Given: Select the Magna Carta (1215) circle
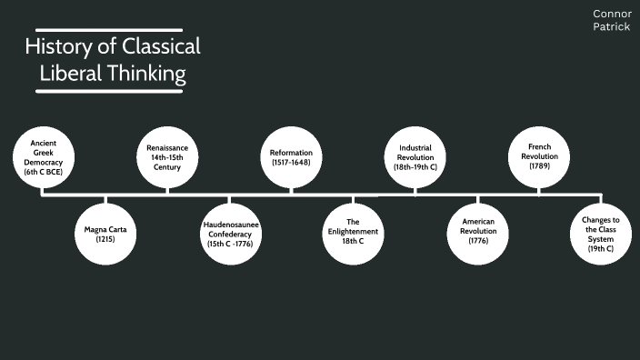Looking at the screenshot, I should pyautogui.click(x=105, y=235).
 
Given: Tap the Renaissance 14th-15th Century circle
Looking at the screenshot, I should pyautogui.click(x=168, y=156).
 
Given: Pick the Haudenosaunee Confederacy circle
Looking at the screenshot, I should pyautogui.click(x=230, y=235).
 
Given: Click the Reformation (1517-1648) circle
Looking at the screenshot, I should pyautogui.click(x=292, y=156).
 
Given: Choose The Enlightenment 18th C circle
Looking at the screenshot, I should pyautogui.click(x=354, y=235).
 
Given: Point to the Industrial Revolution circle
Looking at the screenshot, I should pyautogui.click(x=415, y=156).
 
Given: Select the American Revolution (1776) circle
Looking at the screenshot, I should pyautogui.click(x=477, y=235).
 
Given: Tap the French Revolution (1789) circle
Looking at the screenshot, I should pyautogui.click(x=538, y=156).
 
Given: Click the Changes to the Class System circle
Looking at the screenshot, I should pyautogui.click(x=600, y=235).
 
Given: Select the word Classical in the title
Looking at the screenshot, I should pyautogui.click(x=160, y=47).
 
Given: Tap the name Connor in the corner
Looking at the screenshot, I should pyautogui.click(x=612, y=14).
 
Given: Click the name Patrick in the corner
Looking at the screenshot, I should pyautogui.click(x=612, y=26).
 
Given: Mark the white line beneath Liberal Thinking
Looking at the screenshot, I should pyautogui.click(x=114, y=90).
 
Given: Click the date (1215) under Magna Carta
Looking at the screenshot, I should pyautogui.click(x=105, y=241).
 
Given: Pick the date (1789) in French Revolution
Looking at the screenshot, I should pyautogui.click(x=538, y=167).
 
